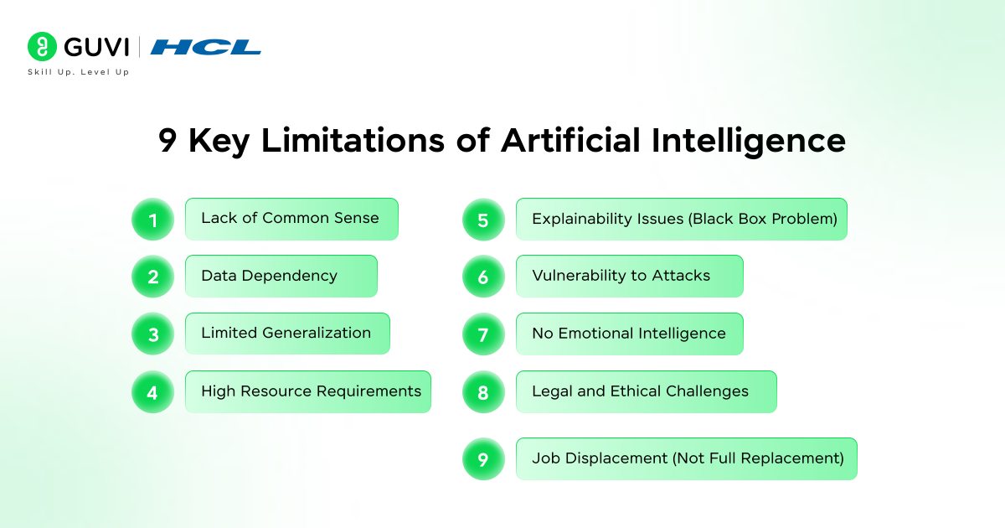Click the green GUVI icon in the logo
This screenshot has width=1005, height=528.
(x=42, y=47)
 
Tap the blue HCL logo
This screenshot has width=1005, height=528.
(x=206, y=47)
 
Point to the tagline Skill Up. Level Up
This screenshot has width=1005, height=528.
(x=78, y=72)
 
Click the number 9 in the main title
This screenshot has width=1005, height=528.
(x=167, y=141)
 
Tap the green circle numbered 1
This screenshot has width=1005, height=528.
(x=152, y=220)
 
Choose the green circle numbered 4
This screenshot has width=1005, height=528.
(x=152, y=392)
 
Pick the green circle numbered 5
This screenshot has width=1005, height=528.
(x=483, y=220)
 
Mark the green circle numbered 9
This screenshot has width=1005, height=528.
(x=483, y=459)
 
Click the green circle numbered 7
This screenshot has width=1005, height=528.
(x=483, y=334)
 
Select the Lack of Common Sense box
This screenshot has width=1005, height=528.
(x=291, y=219)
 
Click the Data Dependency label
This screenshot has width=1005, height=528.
(x=269, y=276)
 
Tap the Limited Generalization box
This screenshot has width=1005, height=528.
(x=286, y=334)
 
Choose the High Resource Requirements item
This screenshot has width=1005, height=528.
(x=311, y=391)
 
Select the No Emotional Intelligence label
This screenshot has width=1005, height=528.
(x=629, y=334)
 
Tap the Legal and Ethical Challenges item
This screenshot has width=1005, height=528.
(x=641, y=391)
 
